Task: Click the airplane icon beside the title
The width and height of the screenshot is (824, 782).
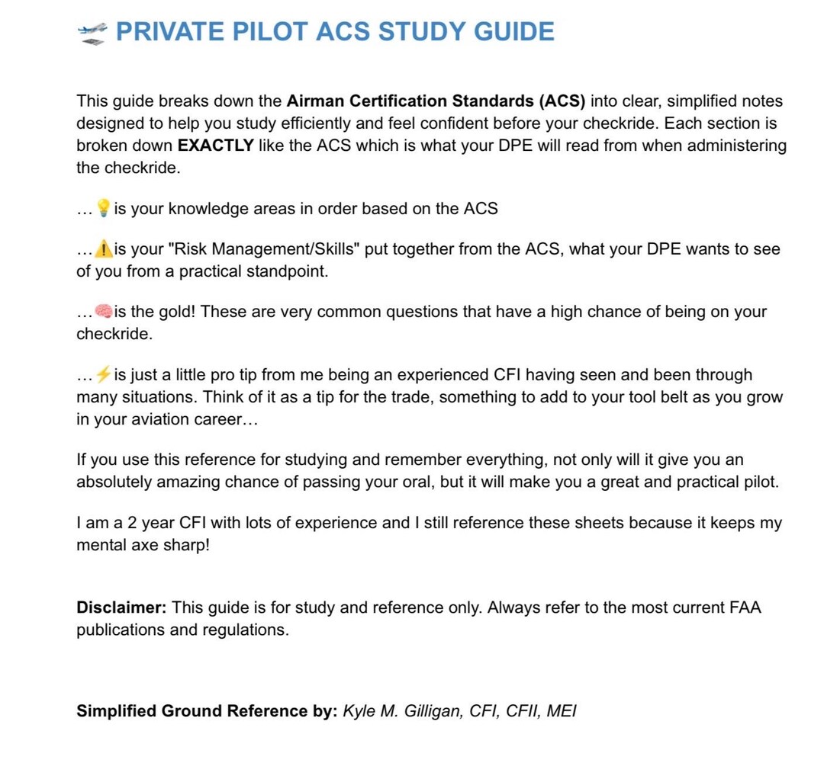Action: pos(92,32)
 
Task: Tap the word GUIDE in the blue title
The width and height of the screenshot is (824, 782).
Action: pos(514,32)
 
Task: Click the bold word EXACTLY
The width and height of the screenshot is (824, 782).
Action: pos(215,146)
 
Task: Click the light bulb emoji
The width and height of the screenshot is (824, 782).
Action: pos(103,209)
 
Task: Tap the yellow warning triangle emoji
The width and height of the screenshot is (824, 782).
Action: pos(103,249)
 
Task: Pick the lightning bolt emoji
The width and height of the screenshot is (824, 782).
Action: pos(103,375)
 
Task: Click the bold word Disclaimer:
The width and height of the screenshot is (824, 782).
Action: pos(121,608)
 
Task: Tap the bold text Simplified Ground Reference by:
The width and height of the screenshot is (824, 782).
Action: pos(206,711)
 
